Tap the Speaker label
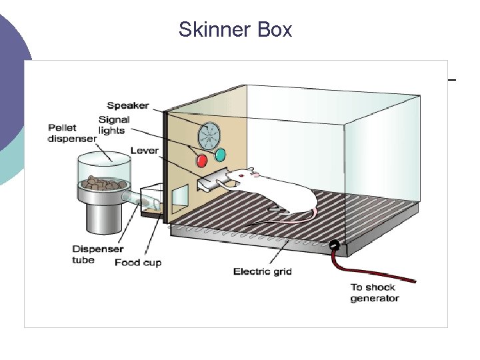coord(127,106)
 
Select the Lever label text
coord(144,151)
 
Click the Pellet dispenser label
coord(71,133)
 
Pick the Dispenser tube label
coord(97,254)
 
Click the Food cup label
coord(138,263)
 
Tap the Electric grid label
coord(263,271)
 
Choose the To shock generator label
coord(375,293)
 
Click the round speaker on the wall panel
coord(208,136)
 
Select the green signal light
coord(220,156)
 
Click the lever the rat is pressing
coord(213,179)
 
